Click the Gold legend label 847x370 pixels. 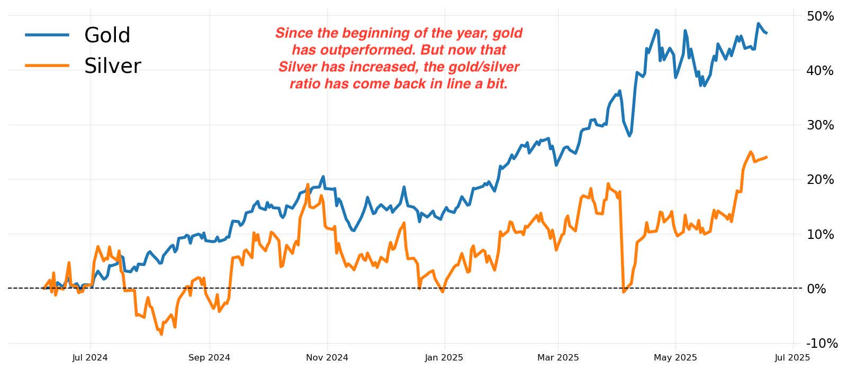click(107, 35)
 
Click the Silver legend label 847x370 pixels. click(112, 66)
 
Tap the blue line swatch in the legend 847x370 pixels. click(47, 35)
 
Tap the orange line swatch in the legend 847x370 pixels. click(47, 66)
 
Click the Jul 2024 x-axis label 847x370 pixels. click(90, 358)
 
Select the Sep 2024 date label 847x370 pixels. click(209, 358)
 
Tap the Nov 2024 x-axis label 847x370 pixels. click(327, 358)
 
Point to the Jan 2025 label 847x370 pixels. click(444, 358)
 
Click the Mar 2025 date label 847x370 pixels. click(558, 358)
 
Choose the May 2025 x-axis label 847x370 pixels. click(675, 358)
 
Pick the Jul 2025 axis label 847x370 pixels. click(792, 358)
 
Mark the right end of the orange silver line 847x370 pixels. click(767, 157)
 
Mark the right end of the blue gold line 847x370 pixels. click(767, 33)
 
